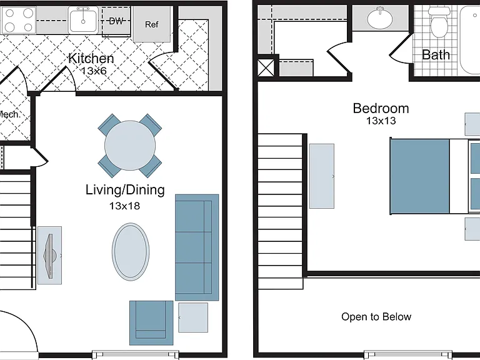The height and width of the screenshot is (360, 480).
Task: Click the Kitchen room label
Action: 91,58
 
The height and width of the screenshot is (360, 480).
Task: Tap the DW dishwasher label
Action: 116,21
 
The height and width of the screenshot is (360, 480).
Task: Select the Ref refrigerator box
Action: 152,24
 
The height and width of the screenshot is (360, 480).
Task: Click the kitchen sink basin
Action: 83,21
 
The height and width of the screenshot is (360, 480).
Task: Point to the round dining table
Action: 130,146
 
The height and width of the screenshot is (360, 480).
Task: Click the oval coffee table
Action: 131,252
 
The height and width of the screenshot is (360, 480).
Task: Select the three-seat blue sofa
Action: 197,247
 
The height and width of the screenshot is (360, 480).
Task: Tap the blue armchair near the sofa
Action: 151,322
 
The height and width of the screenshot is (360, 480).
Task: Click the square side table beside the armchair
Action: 193,317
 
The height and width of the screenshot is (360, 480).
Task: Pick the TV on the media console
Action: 50,256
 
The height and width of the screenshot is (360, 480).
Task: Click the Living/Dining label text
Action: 125,190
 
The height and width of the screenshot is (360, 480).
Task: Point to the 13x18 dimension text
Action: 124,206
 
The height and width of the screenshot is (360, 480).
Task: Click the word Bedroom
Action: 381,108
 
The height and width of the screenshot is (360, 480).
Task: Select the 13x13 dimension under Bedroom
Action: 381,121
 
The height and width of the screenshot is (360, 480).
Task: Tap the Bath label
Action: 436,55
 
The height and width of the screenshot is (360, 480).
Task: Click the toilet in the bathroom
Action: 439,22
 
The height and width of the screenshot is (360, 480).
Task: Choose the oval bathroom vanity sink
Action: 380,19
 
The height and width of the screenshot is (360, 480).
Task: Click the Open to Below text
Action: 376,316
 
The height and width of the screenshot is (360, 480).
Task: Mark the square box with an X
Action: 266,67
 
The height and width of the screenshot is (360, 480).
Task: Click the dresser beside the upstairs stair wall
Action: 322,176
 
